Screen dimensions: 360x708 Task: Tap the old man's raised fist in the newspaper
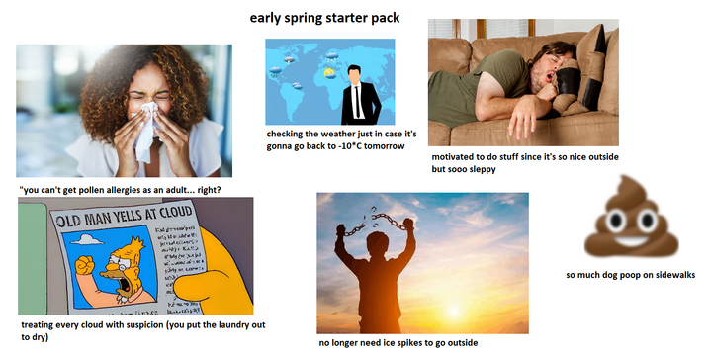click(84, 264)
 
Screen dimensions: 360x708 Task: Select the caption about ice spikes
click(398, 342)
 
